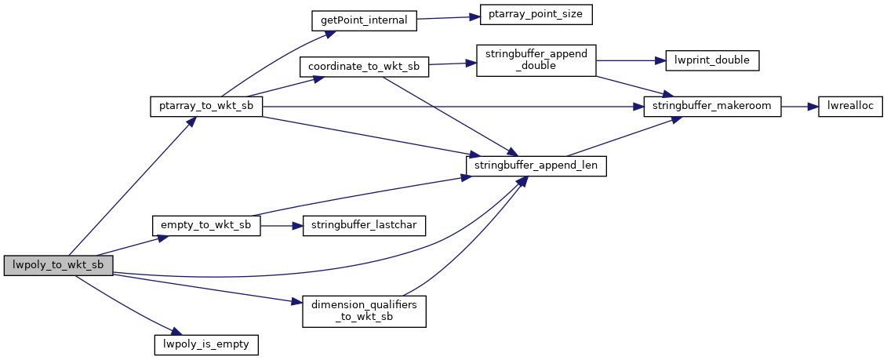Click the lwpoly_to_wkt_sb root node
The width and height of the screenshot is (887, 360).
coord(58,265)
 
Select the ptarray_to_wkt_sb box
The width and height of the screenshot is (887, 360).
coord(205,107)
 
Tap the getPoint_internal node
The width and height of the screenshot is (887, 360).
coord(363,20)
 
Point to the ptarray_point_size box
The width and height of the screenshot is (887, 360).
coord(530,15)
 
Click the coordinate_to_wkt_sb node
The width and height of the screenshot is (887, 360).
coord(364,67)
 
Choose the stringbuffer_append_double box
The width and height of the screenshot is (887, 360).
coord(536,60)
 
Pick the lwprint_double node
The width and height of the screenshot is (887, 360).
coord(712,60)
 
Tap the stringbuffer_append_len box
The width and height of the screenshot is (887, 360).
coord(536,166)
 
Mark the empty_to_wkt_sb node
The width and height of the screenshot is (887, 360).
coord(205,226)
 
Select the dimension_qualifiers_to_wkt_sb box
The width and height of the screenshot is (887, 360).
coord(364,311)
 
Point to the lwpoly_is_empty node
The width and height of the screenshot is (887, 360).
coord(205,344)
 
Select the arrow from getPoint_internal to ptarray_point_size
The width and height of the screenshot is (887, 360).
coord(442,17)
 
